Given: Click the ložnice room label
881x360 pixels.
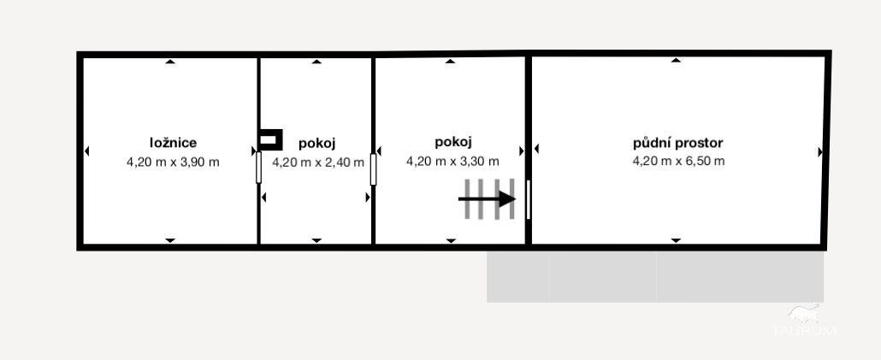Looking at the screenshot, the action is pyautogui.click(x=173, y=143).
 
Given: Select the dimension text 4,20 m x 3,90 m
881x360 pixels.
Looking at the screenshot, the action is pyautogui.click(x=173, y=162).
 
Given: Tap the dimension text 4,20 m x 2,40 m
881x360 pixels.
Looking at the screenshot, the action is pyautogui.click(x=318, y=162).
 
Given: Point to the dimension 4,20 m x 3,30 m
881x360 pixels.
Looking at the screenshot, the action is pyautogui.click(x=452, y=161).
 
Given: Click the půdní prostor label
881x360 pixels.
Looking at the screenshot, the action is pyautogui.click(x=677, y=143).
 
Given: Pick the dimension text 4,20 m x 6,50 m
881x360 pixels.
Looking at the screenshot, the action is pyautogui.click(x=679, y=161).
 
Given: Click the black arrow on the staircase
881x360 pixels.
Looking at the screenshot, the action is pyautogui.click(x=487, y=199).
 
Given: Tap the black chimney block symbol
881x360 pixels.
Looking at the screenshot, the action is pyautogui.click(x=269, y=140).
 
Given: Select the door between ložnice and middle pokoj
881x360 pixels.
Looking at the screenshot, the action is pyautogui.click(x=258, y=168).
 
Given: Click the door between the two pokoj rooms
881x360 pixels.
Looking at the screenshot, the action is pyautogui.click(x=373, y=169).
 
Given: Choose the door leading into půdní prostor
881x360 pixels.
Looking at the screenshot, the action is pyautogui.click(x=528, y=199).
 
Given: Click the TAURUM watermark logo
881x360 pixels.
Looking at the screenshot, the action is pyautogui.click(x=804, y=321).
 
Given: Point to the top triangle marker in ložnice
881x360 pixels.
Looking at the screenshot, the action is pyautogui.click(x=170, y=62).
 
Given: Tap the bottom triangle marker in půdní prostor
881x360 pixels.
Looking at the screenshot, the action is pyautogui.click(x=676, y=240).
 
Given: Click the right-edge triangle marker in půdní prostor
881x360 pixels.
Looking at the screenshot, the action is pyautogui.click(x=820, y=152).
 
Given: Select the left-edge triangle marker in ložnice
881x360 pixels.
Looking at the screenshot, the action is pyautogui.click(x=86, y=151).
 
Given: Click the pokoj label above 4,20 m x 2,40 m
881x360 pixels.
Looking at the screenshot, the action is pyautogui.click(x=316, y=144).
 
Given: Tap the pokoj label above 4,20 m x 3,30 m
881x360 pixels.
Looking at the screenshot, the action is pyautogui.click(x=452, y=141).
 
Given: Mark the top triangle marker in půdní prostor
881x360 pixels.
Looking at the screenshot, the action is pyautogui.click(x=676, y=60).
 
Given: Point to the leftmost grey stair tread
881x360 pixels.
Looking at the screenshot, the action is pyautogui.click(x=467, y=199).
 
